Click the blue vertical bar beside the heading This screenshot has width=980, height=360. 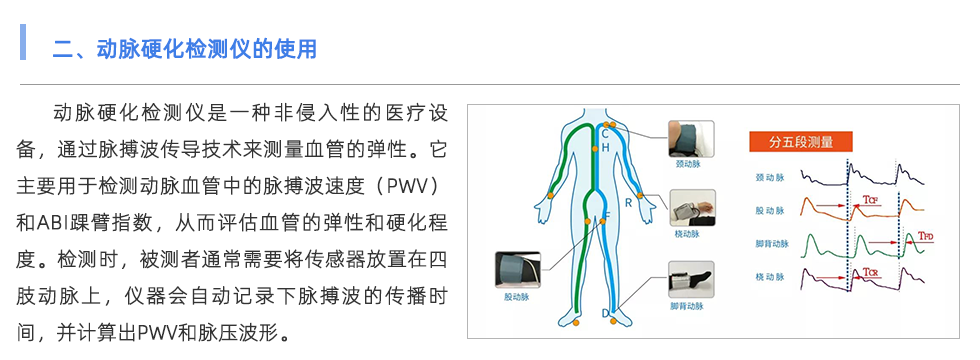pos(22,43)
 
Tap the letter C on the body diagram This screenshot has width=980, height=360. pos(604,132)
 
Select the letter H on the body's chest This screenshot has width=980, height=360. pos(605,147)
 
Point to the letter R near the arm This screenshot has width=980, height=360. pos(628,203)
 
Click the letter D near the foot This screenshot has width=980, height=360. pos(605,314)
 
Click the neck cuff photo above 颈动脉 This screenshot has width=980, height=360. pos(691,137)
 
